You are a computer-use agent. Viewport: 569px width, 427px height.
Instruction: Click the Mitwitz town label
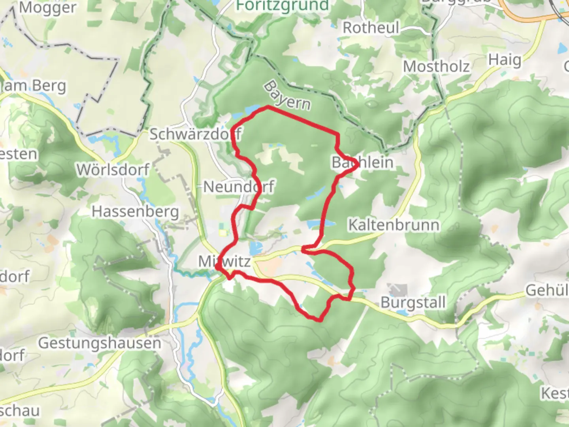click(224, 261)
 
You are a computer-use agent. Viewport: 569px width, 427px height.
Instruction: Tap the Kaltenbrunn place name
click(394, 225)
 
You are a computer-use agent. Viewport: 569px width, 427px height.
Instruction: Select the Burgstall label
click(413, 302)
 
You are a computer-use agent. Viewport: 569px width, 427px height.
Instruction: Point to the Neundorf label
click(239, 186)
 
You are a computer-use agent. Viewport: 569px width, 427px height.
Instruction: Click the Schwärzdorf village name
click(195, 134)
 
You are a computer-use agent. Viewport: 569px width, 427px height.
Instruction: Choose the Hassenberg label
click(135, 212)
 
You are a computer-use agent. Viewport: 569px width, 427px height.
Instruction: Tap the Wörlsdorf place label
click(113, 170)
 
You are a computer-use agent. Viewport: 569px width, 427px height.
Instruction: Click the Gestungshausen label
click(100, 343)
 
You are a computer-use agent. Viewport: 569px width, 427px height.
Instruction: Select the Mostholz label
click(436, 66)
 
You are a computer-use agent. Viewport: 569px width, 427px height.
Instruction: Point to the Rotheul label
click(371, 28)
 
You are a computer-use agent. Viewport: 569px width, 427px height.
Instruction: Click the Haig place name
click(505, 60)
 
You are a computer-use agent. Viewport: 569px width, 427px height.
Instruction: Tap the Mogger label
click(47, 8)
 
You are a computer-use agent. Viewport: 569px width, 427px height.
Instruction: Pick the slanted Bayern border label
click(287, 96)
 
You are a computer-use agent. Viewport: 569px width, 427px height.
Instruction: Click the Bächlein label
click(362, 162)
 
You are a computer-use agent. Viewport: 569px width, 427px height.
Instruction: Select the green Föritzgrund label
click(282, 6)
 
